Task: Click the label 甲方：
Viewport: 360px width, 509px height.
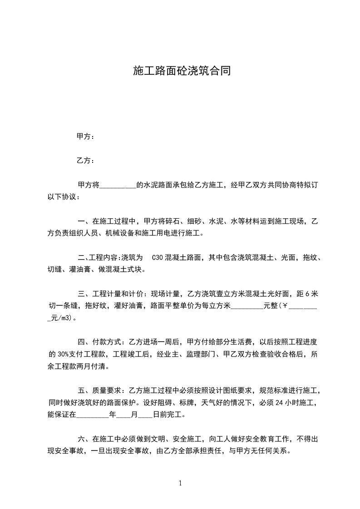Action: (86, 136)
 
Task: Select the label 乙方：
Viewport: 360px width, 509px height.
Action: (86, 160)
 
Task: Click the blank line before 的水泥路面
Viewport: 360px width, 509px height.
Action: (117, 185)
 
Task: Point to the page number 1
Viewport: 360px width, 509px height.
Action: (180, 483)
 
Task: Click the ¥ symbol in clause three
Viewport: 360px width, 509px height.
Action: (285, 306)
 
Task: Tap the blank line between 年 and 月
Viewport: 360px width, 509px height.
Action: (124, 414)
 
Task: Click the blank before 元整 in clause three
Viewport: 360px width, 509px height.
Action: (247, 306)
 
